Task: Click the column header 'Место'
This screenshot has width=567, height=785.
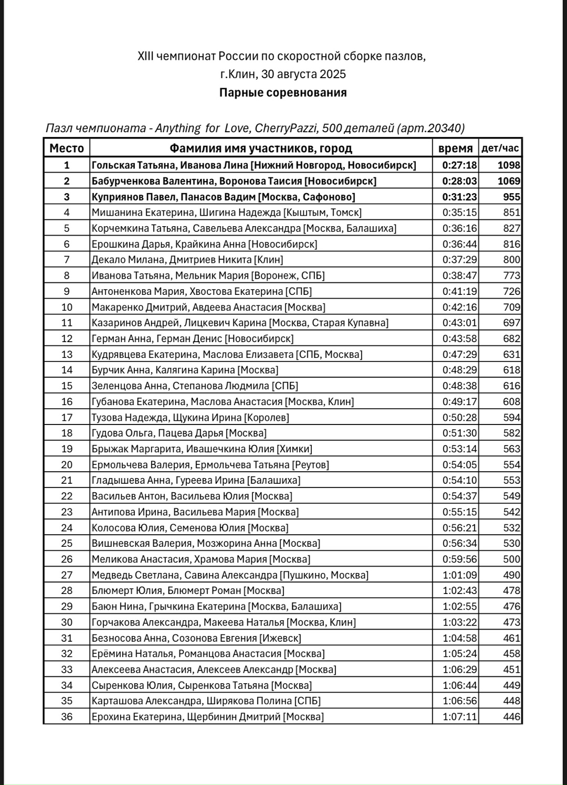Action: pyautogui.click(x=67, y=148)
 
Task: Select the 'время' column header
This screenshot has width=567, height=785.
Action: pyautogui.click(x=455, y=148)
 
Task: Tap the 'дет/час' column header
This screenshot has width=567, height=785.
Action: pyautogui.click(x=500, y=148)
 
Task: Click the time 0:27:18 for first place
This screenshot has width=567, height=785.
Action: pyautogui.click(x=459, y=165)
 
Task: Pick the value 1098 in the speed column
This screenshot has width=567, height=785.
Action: pyautogui.click(x=509, y=165)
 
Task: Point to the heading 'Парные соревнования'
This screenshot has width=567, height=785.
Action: pyautogui.click(x=283, y=93)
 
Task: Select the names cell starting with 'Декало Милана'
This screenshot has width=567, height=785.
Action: pyautogui.click(x=187, y=260)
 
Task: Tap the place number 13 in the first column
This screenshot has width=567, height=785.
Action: pyautogui.click(x=67, y=354)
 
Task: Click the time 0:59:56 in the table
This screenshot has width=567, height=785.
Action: pyautogui.click(x=459, y=559)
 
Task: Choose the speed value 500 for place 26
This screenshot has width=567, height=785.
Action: pyautogui.click(x=511, y=559)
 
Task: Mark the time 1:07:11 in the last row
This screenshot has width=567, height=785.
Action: pyautogui.click(x=459, y=717)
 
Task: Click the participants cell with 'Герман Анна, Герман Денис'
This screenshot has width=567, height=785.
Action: pyautogui.click(x=193, y=338)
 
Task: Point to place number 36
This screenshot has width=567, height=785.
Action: pyautogui.click(x=67, y=717)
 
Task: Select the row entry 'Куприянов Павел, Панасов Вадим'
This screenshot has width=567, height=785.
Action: pyautogui.click(x=223, y=197)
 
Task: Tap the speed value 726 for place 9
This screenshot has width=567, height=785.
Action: pyautogui.click(x=511, y=291)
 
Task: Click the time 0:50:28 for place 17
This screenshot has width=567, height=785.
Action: pyautogui.click(x=459, y=418)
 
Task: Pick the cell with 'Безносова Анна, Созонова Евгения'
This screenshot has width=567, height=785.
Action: pyautogui.click(x=196, y=638)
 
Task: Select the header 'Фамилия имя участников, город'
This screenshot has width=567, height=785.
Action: pyautogui.click(x=261, y=148)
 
